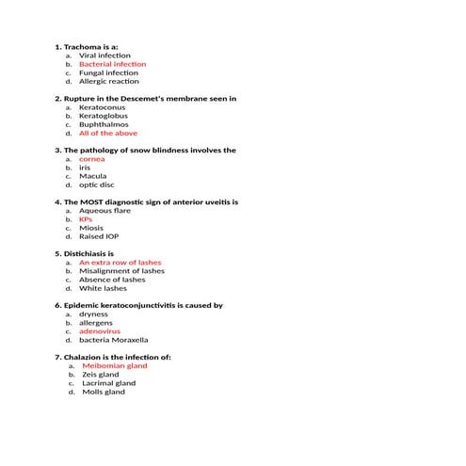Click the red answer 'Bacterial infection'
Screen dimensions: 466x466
click(x=112, y=64)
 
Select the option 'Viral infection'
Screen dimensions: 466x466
click(x=104, y=56)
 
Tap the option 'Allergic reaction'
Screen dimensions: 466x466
click(x=108, y=82)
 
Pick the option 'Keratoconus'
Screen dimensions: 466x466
click(x=102, y=107)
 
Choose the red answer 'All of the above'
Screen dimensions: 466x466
click(x=107, y=134)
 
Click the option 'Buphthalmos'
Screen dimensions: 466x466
click(x=104, y=124)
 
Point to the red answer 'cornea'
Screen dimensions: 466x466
click(x=91, y=159)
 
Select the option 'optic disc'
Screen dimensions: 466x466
click(x=96, y=185)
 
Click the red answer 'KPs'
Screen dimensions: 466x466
click(x=86, y=219)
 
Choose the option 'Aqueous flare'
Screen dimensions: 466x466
click(x=103, y=211)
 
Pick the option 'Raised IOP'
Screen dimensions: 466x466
click(x=99, y=237)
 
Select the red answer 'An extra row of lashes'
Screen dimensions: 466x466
click(x=120, y=263)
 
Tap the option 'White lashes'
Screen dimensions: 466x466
click(x=103, y=289)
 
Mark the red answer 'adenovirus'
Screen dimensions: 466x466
click(x=100, y=331)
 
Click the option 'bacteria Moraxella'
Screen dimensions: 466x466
click(x=113, y=340)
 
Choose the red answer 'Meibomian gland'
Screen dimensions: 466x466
click(x=115, y=366)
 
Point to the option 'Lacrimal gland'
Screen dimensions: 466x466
click(x=108, y=383)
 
